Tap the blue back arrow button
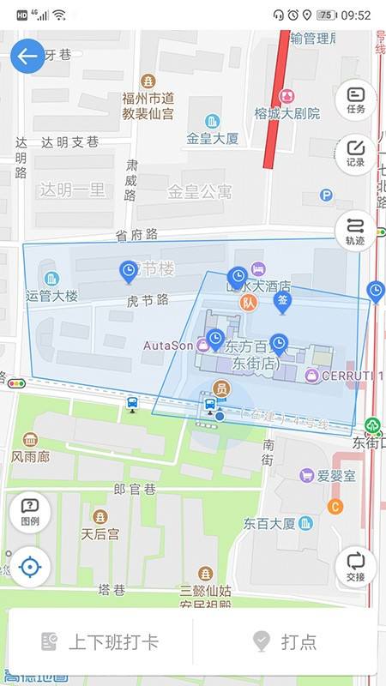(x=27, y=57)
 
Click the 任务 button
(x=356, y=100)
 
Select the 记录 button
(x=356, y=153)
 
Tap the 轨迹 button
(x=356, y=232)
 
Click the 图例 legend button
(x=29, y=512)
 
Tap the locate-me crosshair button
(x=29, y=567)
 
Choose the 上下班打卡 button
(x=100, y=641)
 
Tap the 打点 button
(x=286, y=641)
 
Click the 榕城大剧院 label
(x=286, y=112)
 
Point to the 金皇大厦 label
(x=213, y=137)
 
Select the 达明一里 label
(x=72, y=190)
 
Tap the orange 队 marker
(x=249, y=302)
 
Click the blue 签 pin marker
(x=282, y=301)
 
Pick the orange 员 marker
(x=221, y=388)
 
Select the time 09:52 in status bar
(x=355, y=15)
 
